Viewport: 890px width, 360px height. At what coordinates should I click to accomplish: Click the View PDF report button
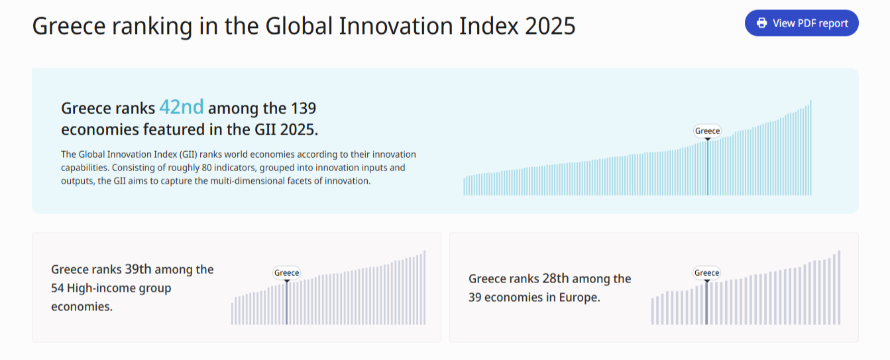(801, 23)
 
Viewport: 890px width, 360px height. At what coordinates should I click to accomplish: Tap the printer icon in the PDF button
(761, 23)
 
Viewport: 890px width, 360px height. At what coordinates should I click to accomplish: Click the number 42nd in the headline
(182, 107)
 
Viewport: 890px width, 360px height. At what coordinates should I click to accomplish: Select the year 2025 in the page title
(549, 26)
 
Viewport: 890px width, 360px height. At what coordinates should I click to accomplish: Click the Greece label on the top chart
(707, 131)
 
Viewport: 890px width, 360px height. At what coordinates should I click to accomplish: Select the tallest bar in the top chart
(810, 147)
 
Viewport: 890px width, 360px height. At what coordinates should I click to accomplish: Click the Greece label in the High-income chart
(286, 272)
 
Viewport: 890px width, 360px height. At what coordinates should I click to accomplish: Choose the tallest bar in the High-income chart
(424, 287)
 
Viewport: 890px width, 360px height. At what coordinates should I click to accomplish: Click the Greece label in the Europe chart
(706, 272)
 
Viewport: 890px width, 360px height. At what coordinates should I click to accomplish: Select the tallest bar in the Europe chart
(839, 287)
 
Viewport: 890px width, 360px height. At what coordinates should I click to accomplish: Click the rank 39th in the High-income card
(138, 269)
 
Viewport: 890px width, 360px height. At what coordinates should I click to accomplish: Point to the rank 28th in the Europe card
(555, 278)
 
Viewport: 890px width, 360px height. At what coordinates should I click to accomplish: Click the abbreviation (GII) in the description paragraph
(189, 154)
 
